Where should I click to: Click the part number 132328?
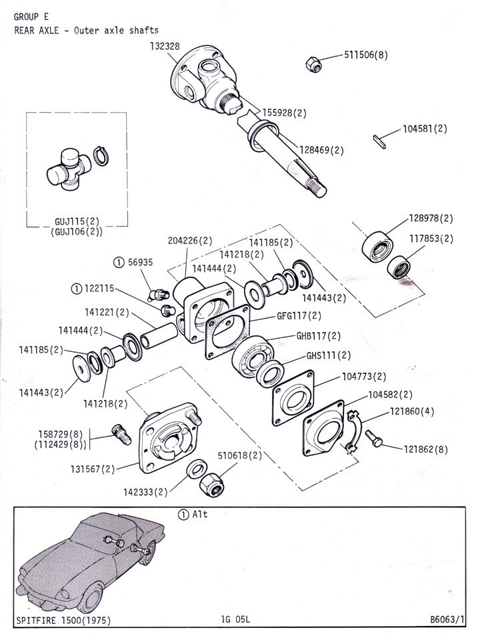165,46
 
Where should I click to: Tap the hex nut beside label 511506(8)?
313,65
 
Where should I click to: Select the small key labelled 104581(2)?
379,141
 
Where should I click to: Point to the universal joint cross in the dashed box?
69,169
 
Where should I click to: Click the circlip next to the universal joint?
101,156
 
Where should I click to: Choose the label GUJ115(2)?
77,221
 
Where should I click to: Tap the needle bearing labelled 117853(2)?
399,267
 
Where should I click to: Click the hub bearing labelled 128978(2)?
377,247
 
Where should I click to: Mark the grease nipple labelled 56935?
159,293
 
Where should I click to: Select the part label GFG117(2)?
299,315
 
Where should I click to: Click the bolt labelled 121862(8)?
374,438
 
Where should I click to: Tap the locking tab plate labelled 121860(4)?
354,431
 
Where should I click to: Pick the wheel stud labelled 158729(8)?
121,434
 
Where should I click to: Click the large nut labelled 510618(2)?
211,484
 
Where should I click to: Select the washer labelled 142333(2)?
196,469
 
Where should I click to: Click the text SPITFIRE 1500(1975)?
63,621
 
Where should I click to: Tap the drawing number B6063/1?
447,619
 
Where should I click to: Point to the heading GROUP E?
31,17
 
